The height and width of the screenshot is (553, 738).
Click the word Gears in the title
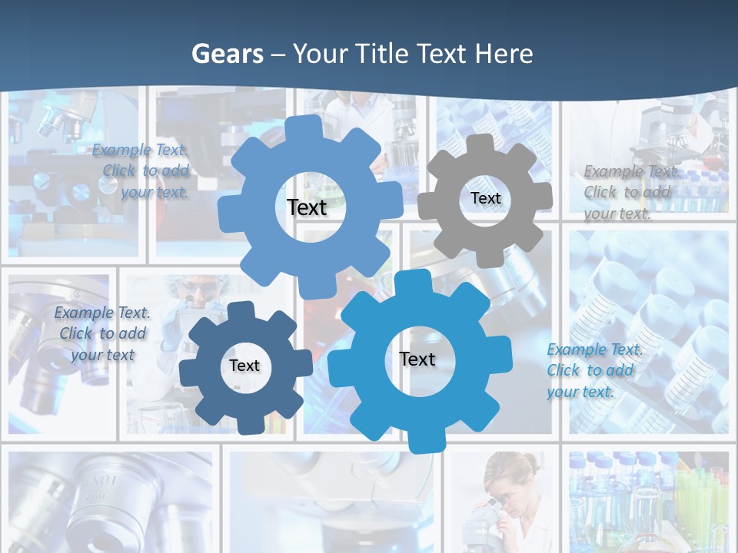pyautogui.click(x=228, y=54)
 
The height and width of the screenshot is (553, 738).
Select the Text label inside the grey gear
pyautogui.click(x=485, y=198)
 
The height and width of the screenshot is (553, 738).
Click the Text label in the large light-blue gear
pyautogui.click(x=307, y=207)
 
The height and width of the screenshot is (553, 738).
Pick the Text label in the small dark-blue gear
pyautogui.click(x=244, y=366)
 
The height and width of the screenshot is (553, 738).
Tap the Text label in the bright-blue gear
pyautogui.click(x=417, y=359)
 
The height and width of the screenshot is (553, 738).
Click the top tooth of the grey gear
pyautogui.click(x=480, y=144)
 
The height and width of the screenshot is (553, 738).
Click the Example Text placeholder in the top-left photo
pyautogui.click(x=141, y=171)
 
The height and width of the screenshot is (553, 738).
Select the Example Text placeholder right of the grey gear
pyautogui.click(x=630, y=192)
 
